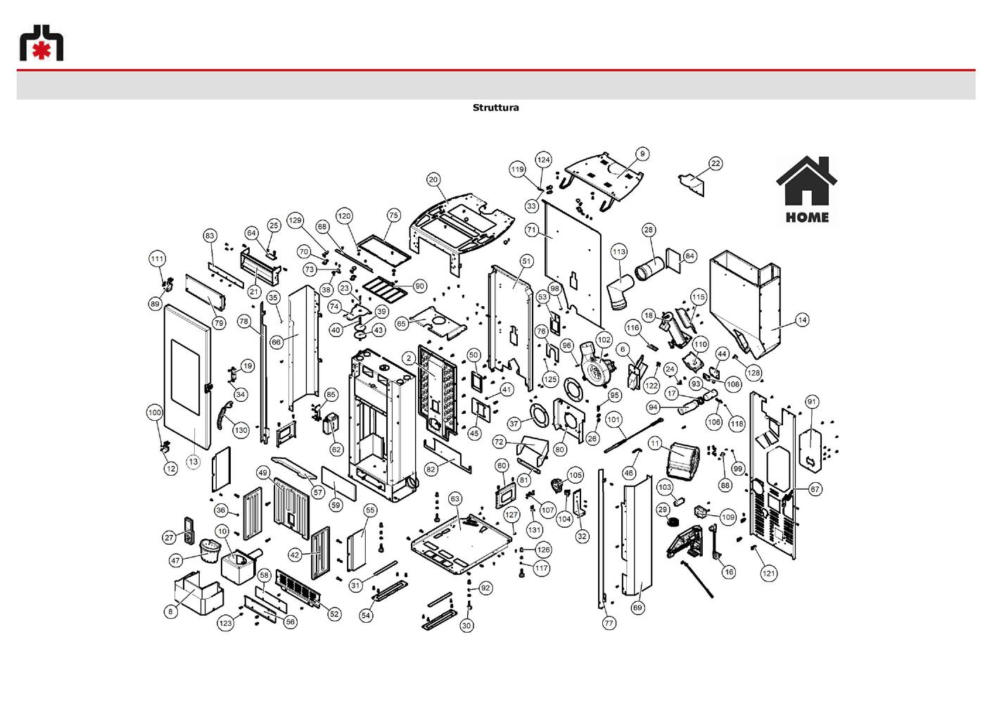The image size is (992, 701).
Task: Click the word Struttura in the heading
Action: click(x=495, y=108)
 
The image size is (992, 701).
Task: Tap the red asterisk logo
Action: click(x=42, y=51)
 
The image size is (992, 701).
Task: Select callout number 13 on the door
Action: click(x=193, y=462)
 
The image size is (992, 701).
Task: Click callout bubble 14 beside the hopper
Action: click(x=803, y=320)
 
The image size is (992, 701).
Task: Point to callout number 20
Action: click(x=433, y=179)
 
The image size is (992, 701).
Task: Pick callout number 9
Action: click(x=642, y=153)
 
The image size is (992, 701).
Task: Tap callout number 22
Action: click(x=716, y=163)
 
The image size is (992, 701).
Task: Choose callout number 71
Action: click(x=532, y=229)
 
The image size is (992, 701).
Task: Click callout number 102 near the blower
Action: click(x=604, y=340)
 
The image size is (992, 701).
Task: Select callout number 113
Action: click(x=618, y=252)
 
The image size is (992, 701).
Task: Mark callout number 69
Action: click(x=637, y=607)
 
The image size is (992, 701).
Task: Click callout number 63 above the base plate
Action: click(x=455, y=499)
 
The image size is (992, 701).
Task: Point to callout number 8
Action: click(x=170, y=612)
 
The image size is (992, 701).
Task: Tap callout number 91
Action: click(x=811, y=402)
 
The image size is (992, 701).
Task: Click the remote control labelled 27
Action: click(x=189, y=530)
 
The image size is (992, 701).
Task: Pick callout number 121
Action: click(x=769, y=574)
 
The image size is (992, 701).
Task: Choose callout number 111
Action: click(x=157, y=259)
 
